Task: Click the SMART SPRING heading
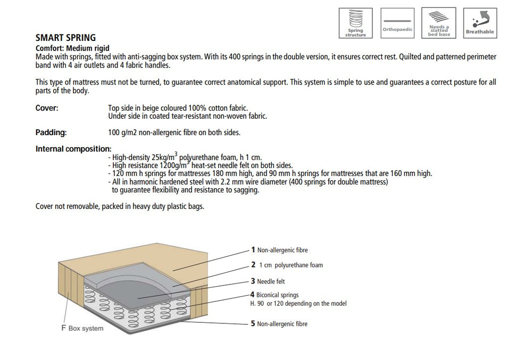(x=65, y=38)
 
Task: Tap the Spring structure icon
(x=355, y=23)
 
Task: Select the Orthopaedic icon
(x=397, y=23)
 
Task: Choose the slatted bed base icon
(x=438, y=23)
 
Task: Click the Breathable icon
(x=479, y=23)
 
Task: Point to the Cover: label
(x=47, y=108)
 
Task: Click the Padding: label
(x=51, y=132)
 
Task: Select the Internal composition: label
(x=73, y=149)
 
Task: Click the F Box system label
(x=82, y=328)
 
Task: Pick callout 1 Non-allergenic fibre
(x=280, y=250)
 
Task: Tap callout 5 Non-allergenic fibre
(x=280, y=323)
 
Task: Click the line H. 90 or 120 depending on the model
(x=298, y=304)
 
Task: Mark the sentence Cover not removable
(x=120, y=206)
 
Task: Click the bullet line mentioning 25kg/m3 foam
(x=185, y=157)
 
